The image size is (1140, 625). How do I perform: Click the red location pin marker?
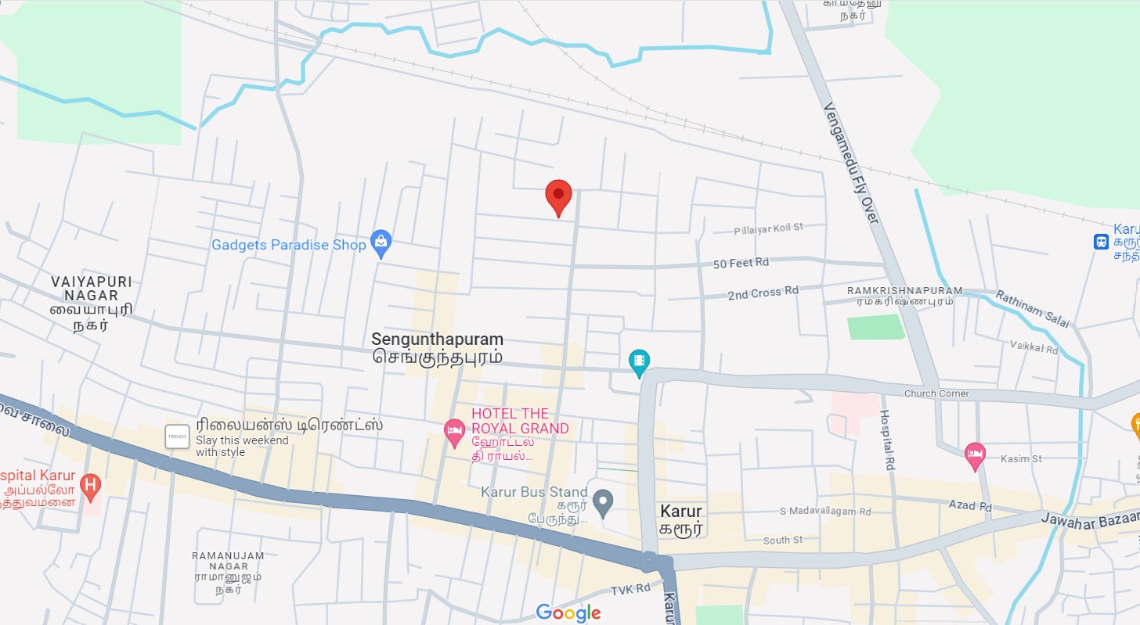(558, 196)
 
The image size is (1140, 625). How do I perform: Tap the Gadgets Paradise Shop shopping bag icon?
(381, 244)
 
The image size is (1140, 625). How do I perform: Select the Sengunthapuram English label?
(437, 339)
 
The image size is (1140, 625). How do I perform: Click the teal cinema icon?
(640, 361)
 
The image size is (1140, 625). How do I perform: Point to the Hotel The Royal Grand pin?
(454, 431)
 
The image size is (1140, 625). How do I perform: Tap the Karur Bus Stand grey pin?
(602, 502)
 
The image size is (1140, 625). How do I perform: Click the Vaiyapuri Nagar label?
(92, 289)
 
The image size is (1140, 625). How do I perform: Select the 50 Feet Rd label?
(741, 264)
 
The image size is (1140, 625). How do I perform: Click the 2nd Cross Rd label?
(763, 293)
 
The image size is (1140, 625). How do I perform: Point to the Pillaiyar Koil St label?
(768, 228)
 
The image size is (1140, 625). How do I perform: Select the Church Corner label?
(936, 393)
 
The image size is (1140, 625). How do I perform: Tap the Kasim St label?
(1021, 459)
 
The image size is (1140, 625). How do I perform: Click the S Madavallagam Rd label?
(825, 512)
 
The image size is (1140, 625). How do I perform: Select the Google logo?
(568, 613)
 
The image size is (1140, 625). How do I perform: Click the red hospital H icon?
(91, 486)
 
